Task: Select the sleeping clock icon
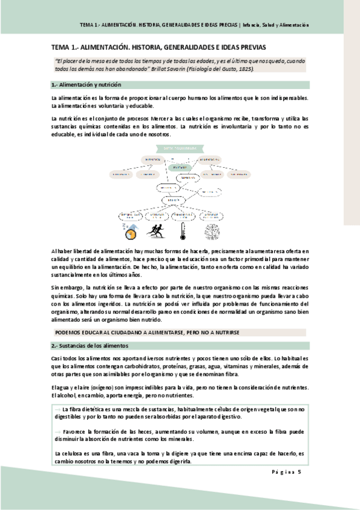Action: point(130,231)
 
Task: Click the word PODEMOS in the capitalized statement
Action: point(67,332)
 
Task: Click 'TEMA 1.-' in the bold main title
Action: point(63,47)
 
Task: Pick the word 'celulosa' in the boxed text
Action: point(73,453)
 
